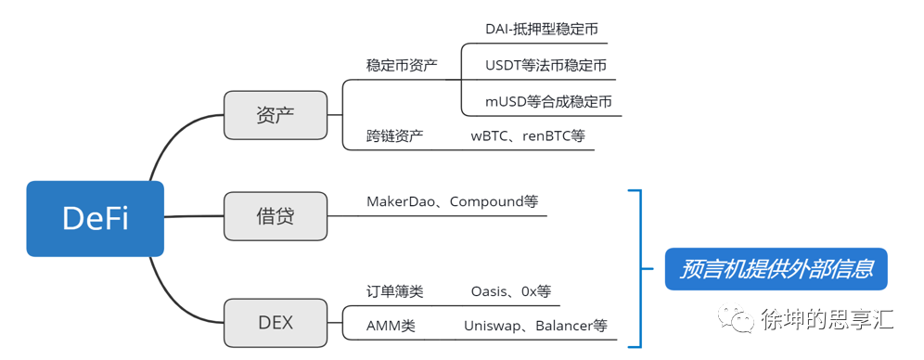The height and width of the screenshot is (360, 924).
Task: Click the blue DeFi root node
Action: pyautogui.click(x=95, y=218)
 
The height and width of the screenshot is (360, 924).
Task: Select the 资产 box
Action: pyautogui.click(x=276, y=115)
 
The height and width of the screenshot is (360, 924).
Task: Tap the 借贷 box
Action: pyautogui.click(x=276, y=216)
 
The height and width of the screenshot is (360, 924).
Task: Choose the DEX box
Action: pyautogui.click(x=276, y=322)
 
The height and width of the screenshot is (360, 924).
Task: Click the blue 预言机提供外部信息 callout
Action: pyautogui.click(x=776, y=270)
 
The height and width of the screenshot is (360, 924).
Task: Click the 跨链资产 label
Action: pyautogui.click(x=395, y=135)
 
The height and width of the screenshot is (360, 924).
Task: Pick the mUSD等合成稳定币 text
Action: pyautogui.click(x=548, y=101)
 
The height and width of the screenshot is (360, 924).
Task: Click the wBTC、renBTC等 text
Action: pyautogui.click(x=528, y=135)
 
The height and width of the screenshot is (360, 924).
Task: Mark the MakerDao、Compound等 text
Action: pyautogui.click(x=452, y=200)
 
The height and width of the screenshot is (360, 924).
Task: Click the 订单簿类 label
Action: pyautogui.click(x=395, y=291)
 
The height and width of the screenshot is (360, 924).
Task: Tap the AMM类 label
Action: pyautogui.click(x=390, y=326)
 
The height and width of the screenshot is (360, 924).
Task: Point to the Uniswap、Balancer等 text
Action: pyautogui.click(x=535, y=326)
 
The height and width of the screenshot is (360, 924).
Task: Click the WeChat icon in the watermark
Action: pyautogui.click(x=741, y=321)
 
